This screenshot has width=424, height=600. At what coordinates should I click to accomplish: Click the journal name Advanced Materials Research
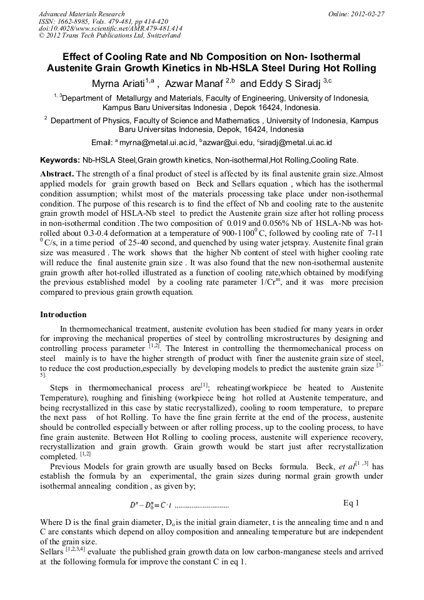[x=82, y=14]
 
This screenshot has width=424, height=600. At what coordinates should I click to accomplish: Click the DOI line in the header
[x=110, y=29]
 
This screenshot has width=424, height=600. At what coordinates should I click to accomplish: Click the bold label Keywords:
[x=60, y=161]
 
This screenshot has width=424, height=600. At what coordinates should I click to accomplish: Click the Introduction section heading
[x=63, y=315]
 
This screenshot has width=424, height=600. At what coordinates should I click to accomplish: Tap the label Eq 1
[x=351, y=502]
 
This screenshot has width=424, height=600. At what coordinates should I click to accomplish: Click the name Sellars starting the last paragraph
[x=53, y=551]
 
